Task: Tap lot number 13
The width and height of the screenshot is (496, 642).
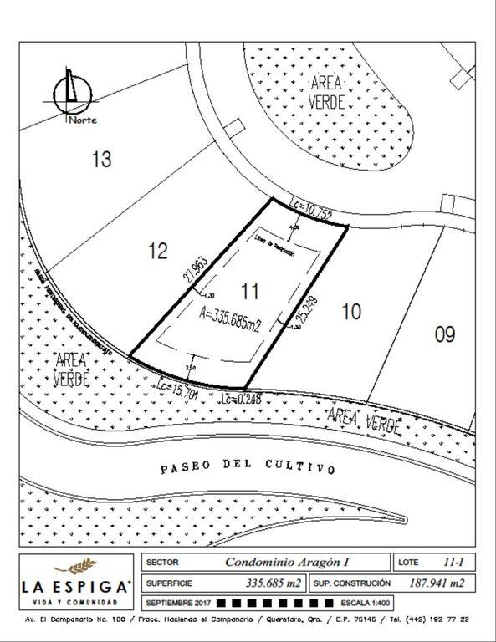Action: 101,159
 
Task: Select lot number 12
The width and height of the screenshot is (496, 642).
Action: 158,251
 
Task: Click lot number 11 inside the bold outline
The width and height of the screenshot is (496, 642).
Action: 248,291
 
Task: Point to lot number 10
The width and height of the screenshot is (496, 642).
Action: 351,312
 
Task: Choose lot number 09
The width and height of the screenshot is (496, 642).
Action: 445,334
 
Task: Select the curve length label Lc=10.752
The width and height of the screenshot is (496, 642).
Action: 311,208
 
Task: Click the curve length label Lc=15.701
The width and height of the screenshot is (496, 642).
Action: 177,389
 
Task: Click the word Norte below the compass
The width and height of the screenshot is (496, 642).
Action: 83,120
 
